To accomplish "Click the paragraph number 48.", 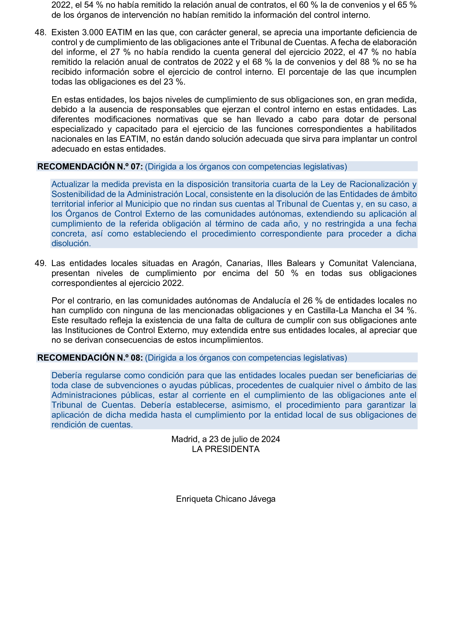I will [x=40, y=33].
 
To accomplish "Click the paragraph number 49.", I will [x=40, y=263].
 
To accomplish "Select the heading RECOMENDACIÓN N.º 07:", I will [x=90, y=167].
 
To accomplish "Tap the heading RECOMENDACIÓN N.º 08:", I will [x=90, y=358].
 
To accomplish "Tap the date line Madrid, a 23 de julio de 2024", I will [x=225, y=439].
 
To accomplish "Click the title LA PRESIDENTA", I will [x=225, y=449].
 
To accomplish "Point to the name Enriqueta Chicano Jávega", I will [x=225, y=499].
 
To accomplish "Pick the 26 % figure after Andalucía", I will [x=312, y=301].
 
